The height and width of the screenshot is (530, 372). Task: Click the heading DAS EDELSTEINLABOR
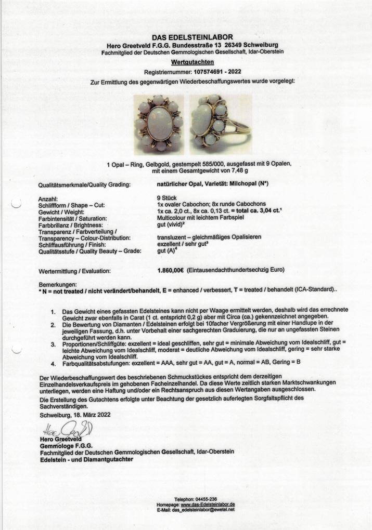(186, 37)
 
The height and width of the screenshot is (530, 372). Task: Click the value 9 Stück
(166, 198)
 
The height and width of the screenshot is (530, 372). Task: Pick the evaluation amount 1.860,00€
(171, 270)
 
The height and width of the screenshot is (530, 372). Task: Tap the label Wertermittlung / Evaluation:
(74, 271)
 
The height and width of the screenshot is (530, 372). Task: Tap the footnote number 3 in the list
(53, 344)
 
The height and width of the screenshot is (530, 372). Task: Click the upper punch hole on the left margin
(16, 203)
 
